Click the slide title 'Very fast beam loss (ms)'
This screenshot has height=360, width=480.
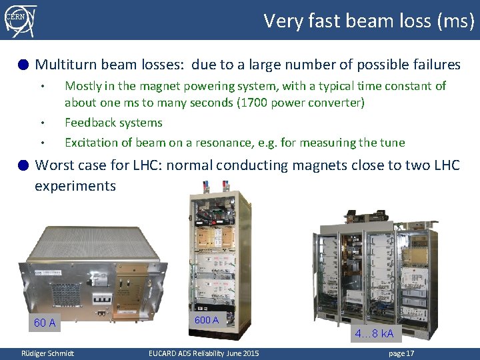coord(369,21)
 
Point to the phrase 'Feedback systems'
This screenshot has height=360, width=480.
coord(113,123)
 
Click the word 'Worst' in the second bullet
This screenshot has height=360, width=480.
coord(53,165)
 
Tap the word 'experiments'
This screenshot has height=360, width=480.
coord(75,186)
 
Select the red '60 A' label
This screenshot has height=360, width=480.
coord(45,323)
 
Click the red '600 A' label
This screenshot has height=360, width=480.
coord(206,320)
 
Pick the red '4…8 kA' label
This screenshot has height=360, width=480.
coord(374,333)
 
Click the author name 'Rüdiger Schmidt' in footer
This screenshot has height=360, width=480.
coord(47,353)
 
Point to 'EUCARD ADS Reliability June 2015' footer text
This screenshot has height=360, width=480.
coord(203,353)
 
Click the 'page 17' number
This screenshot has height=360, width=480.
coord(401,353)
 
